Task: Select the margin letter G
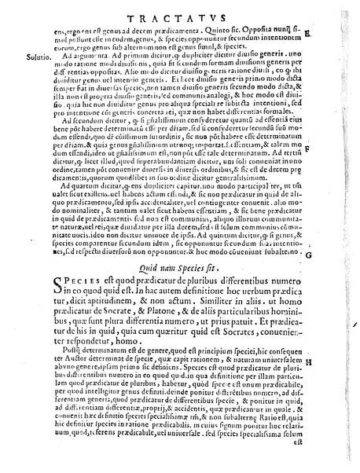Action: coord(331,256)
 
